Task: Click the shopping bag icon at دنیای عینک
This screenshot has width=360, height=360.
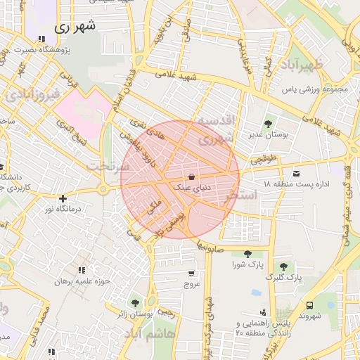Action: point(192,176)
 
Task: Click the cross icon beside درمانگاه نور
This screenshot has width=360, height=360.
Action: point(64,199)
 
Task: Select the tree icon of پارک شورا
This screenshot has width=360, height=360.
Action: point(247,255)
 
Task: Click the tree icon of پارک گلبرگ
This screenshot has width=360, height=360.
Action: point(283,266)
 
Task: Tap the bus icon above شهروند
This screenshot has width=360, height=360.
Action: point(310,305)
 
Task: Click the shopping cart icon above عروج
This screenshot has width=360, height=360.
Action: point(192,274)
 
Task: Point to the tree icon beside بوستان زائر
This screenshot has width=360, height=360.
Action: point(135,304)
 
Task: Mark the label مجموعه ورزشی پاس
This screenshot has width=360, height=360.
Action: point(316,89)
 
